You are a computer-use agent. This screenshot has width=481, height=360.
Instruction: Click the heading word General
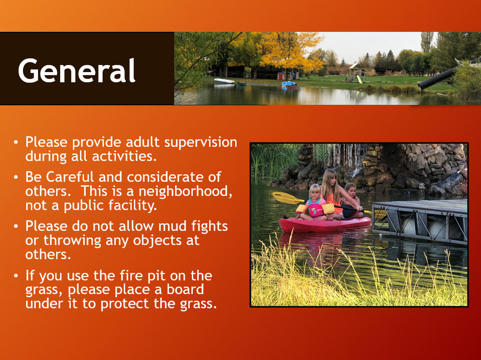pos(77,71)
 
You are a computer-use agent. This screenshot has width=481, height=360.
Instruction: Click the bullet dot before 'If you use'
pos(16,276)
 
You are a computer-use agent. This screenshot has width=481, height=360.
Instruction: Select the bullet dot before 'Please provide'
pos(16,143)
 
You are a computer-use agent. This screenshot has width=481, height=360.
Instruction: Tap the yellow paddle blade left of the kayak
pos(285,198)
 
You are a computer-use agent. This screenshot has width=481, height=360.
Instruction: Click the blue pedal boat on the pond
pos(289,84)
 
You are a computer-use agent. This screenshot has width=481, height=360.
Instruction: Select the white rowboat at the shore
pos(224,81)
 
